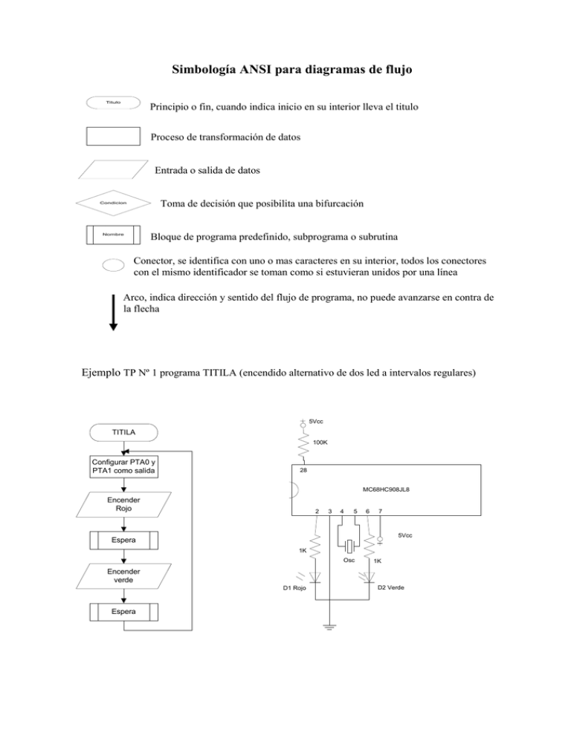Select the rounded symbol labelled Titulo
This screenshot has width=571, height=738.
point(113,102)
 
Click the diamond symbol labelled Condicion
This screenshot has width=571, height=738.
point(113,203)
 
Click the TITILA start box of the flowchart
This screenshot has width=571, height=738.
point(123,431)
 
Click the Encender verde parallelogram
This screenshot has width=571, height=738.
point(123,577)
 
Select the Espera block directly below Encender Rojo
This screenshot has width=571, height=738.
point(123,540)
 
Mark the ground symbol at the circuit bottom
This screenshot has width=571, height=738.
point(329,627)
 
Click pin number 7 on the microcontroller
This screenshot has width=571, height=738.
point(380,511)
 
